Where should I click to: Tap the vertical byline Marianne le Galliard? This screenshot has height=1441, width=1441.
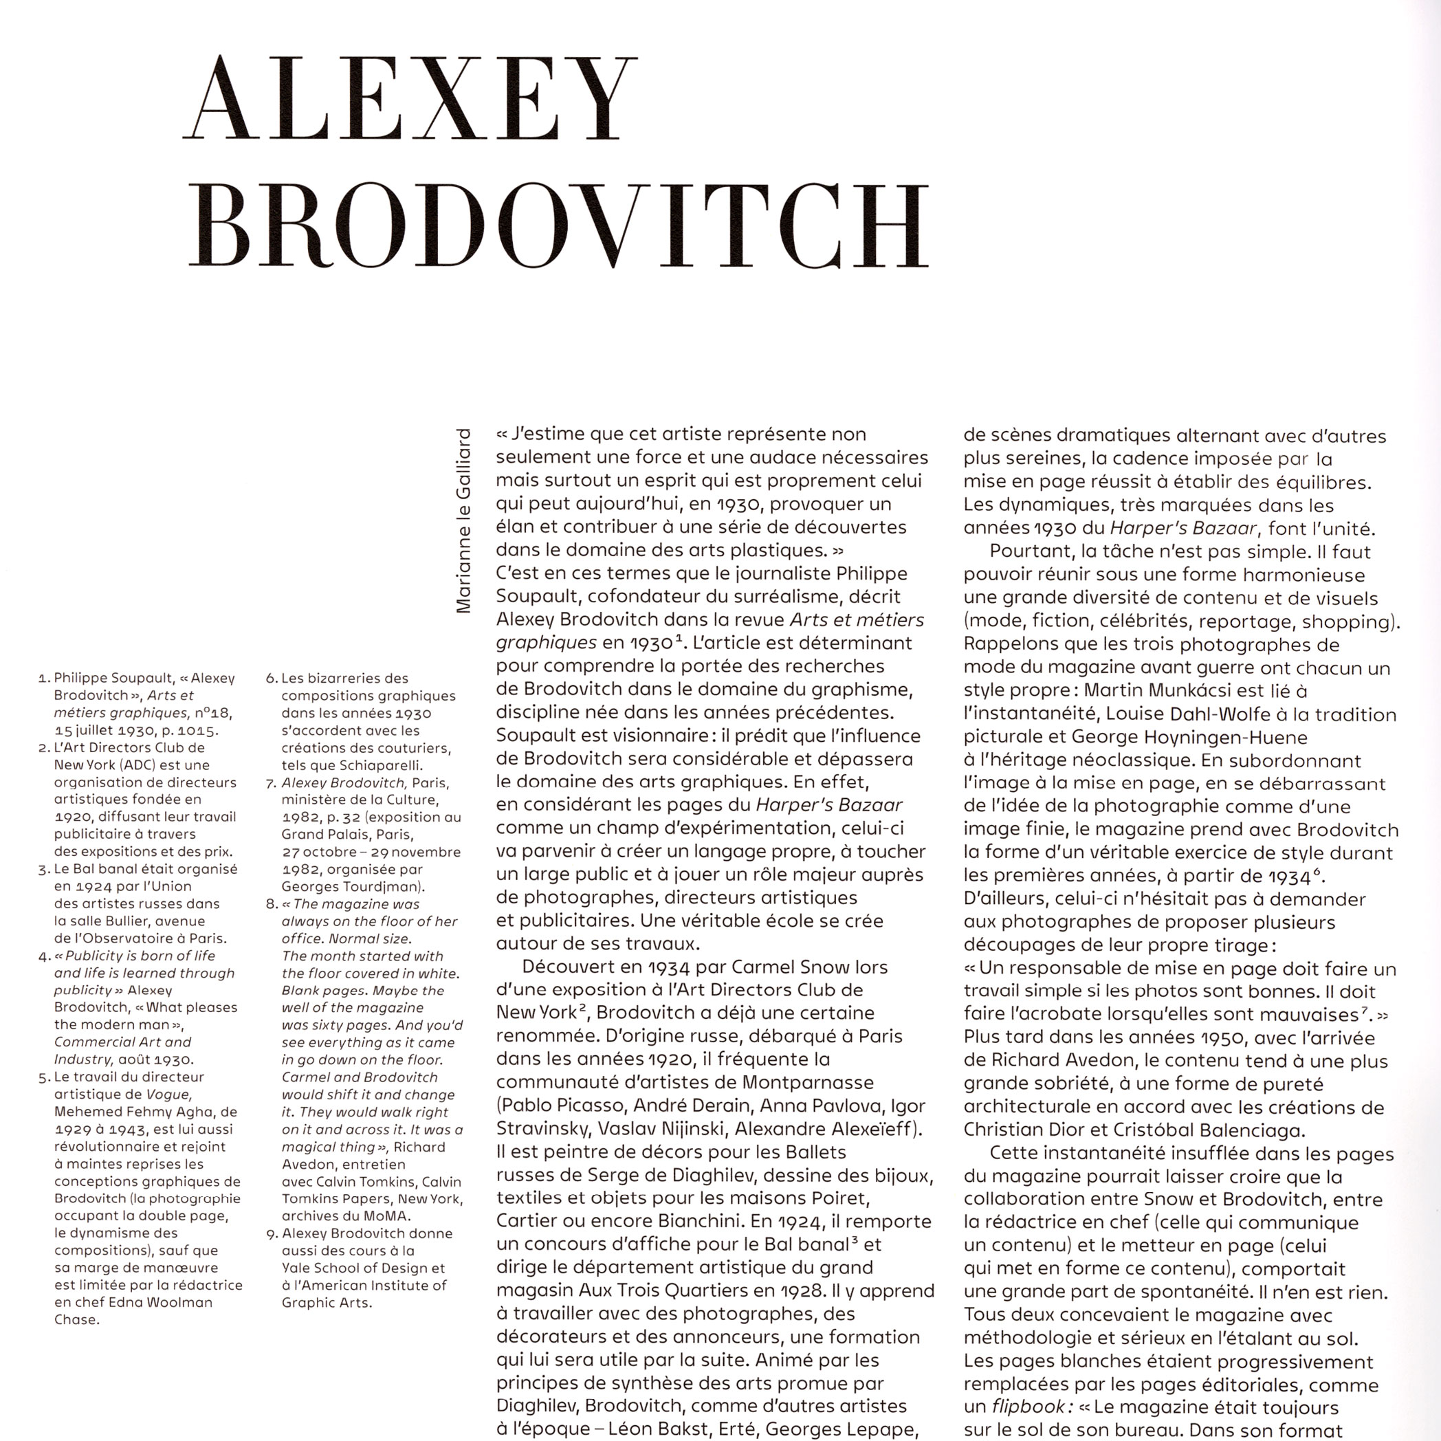coord(464,520)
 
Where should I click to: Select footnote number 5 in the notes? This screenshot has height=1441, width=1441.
coord(43,1078)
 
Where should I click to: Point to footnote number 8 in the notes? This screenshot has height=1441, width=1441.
coord(271,905)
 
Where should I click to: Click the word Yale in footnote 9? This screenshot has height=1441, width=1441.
coord(296,1268)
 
